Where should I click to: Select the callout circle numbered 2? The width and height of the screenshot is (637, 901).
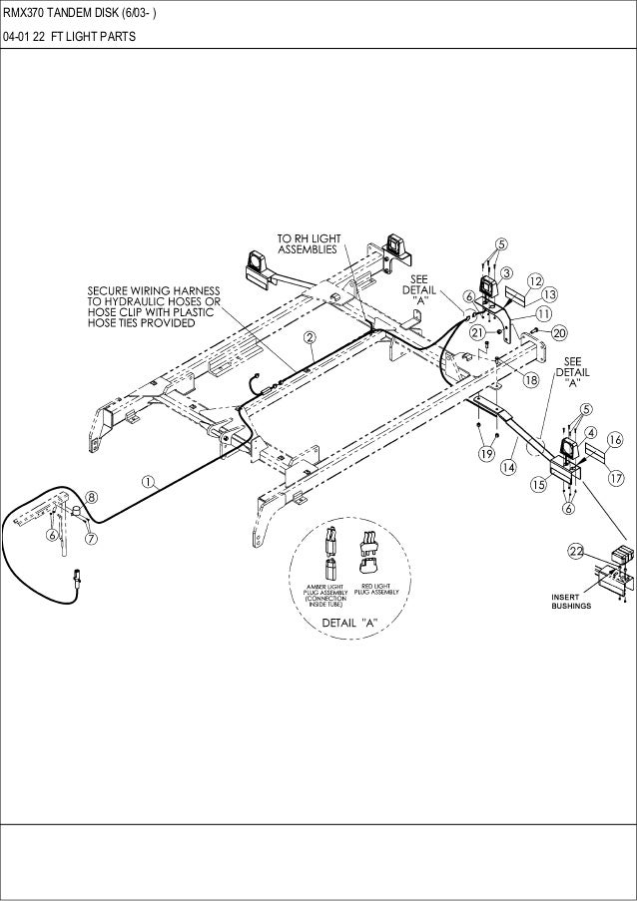(311, 337)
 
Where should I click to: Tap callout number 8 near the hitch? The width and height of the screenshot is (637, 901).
(91, 495)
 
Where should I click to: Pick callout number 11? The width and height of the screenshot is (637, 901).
(546, 312)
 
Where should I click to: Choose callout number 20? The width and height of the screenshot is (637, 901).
(558, 331)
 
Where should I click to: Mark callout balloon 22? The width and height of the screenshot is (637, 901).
(576, 551)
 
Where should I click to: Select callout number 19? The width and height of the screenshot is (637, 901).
(486, 454)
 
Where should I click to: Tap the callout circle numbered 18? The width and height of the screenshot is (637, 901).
(531, 379)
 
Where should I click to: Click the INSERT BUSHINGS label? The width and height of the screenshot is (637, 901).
(571, 601)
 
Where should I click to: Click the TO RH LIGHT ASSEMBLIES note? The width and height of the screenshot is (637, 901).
(309, 243)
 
